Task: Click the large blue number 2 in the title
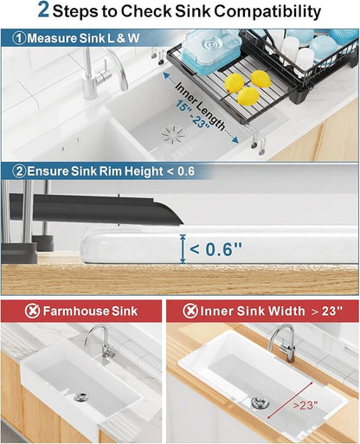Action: (43, 10)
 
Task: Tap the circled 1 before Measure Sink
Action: (19, 38)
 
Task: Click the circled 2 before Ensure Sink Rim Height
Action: (19, 171)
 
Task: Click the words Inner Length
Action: (201, 106)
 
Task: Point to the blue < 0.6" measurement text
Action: (215, 248)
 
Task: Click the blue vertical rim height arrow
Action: (183, 249)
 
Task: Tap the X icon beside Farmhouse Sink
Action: (32, 311)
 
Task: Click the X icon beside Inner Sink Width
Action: (190, 311)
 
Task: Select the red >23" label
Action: (305, 405)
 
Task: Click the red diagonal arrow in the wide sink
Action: (290, 401)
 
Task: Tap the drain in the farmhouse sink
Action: (80, 396)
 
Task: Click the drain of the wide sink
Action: (258, 402)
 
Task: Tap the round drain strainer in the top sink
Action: (174, 135)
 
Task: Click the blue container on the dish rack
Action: (211, 52)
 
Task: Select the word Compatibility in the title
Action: (267, 11)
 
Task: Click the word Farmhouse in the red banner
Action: (76, 311)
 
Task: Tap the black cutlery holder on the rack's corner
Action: (301, 93)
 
